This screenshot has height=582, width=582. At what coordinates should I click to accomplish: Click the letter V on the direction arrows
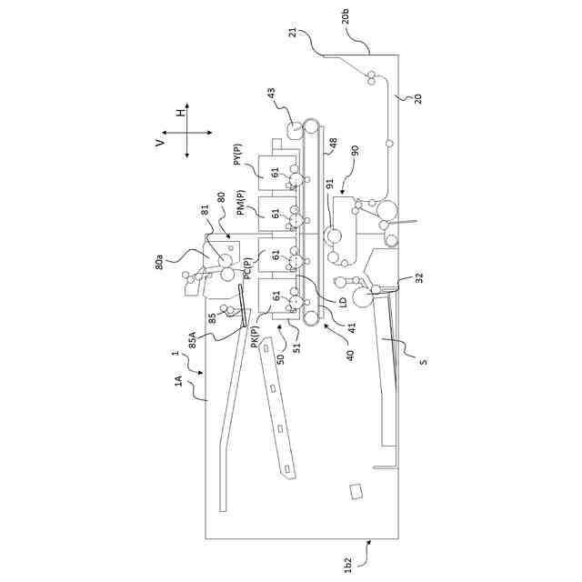tap(160, 142)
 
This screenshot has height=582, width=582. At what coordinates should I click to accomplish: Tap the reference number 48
tap(332, 143)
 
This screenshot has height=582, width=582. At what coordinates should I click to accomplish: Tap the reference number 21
tap(293, 33)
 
